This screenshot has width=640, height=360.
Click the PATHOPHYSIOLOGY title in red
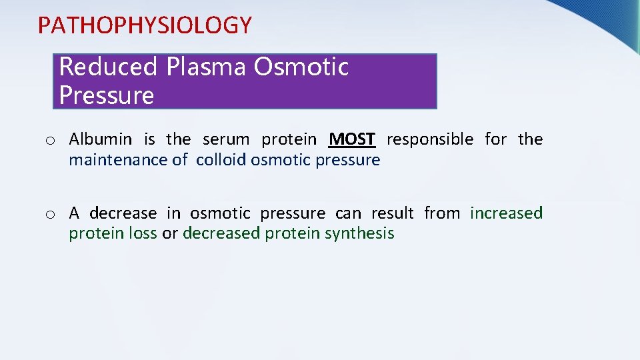(x=145, y=25)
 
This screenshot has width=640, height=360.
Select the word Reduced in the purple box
(x=108, y=67)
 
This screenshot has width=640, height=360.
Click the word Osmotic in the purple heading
(x=301, y=67)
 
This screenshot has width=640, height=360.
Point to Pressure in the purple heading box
(x=106, y=95)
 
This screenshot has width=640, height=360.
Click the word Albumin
(x=101, y=139)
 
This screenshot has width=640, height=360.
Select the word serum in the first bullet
(x=226, y=139)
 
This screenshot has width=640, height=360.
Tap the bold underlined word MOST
(x=353, y=139)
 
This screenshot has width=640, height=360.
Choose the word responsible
(x=430, y=139)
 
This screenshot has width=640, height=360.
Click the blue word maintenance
(x=113, y=160)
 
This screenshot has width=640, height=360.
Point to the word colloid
(x=221, y=160)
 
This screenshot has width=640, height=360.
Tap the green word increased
(x=506, y=213)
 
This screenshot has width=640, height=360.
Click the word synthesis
(x=365, y=234)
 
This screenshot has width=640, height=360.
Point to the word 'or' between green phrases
(x=169, y=234)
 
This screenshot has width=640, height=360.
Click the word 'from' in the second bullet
(x=441, y=213)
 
